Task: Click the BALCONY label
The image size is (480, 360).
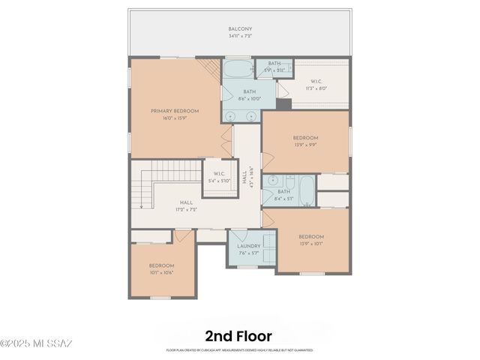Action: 240,29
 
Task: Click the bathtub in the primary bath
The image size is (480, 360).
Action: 238,71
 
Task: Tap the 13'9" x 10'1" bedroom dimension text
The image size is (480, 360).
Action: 310,243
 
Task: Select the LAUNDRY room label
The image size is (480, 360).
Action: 248,246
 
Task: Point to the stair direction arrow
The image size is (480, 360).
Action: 141,202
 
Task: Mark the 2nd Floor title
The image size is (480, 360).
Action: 239,336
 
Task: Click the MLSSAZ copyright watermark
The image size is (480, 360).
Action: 36,343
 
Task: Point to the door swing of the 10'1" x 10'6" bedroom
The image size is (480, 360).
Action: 182,236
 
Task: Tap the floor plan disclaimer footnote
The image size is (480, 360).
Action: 239,349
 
